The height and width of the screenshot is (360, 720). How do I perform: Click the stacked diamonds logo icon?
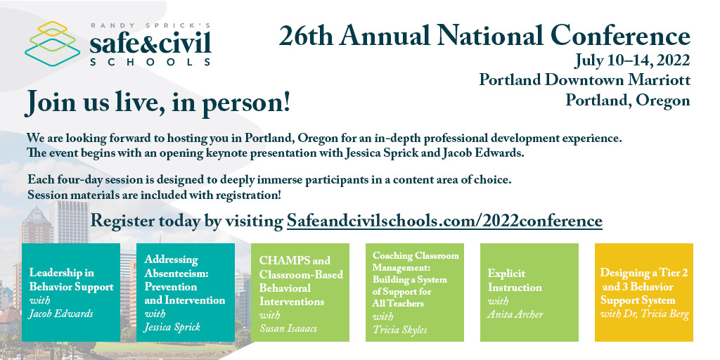coord(52,44)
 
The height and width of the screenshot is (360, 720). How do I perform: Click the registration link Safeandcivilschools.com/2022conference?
coord(444,220)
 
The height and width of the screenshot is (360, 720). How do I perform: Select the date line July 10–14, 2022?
coord(632,59)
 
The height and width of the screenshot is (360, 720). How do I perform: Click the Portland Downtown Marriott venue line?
coord(584,79)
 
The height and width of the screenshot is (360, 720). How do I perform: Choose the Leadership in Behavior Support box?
coord(71,292)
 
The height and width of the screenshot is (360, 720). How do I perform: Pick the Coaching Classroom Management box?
coord(414,292)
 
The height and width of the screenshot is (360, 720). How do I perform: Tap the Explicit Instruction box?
coord(529,292)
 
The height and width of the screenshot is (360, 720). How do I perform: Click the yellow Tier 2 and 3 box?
coord(643,292)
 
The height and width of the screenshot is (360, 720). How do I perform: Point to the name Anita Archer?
coord(515,314)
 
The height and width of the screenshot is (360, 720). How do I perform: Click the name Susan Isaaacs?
coord(289,328)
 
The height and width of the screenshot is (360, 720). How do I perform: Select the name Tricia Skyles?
coord(399,329)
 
